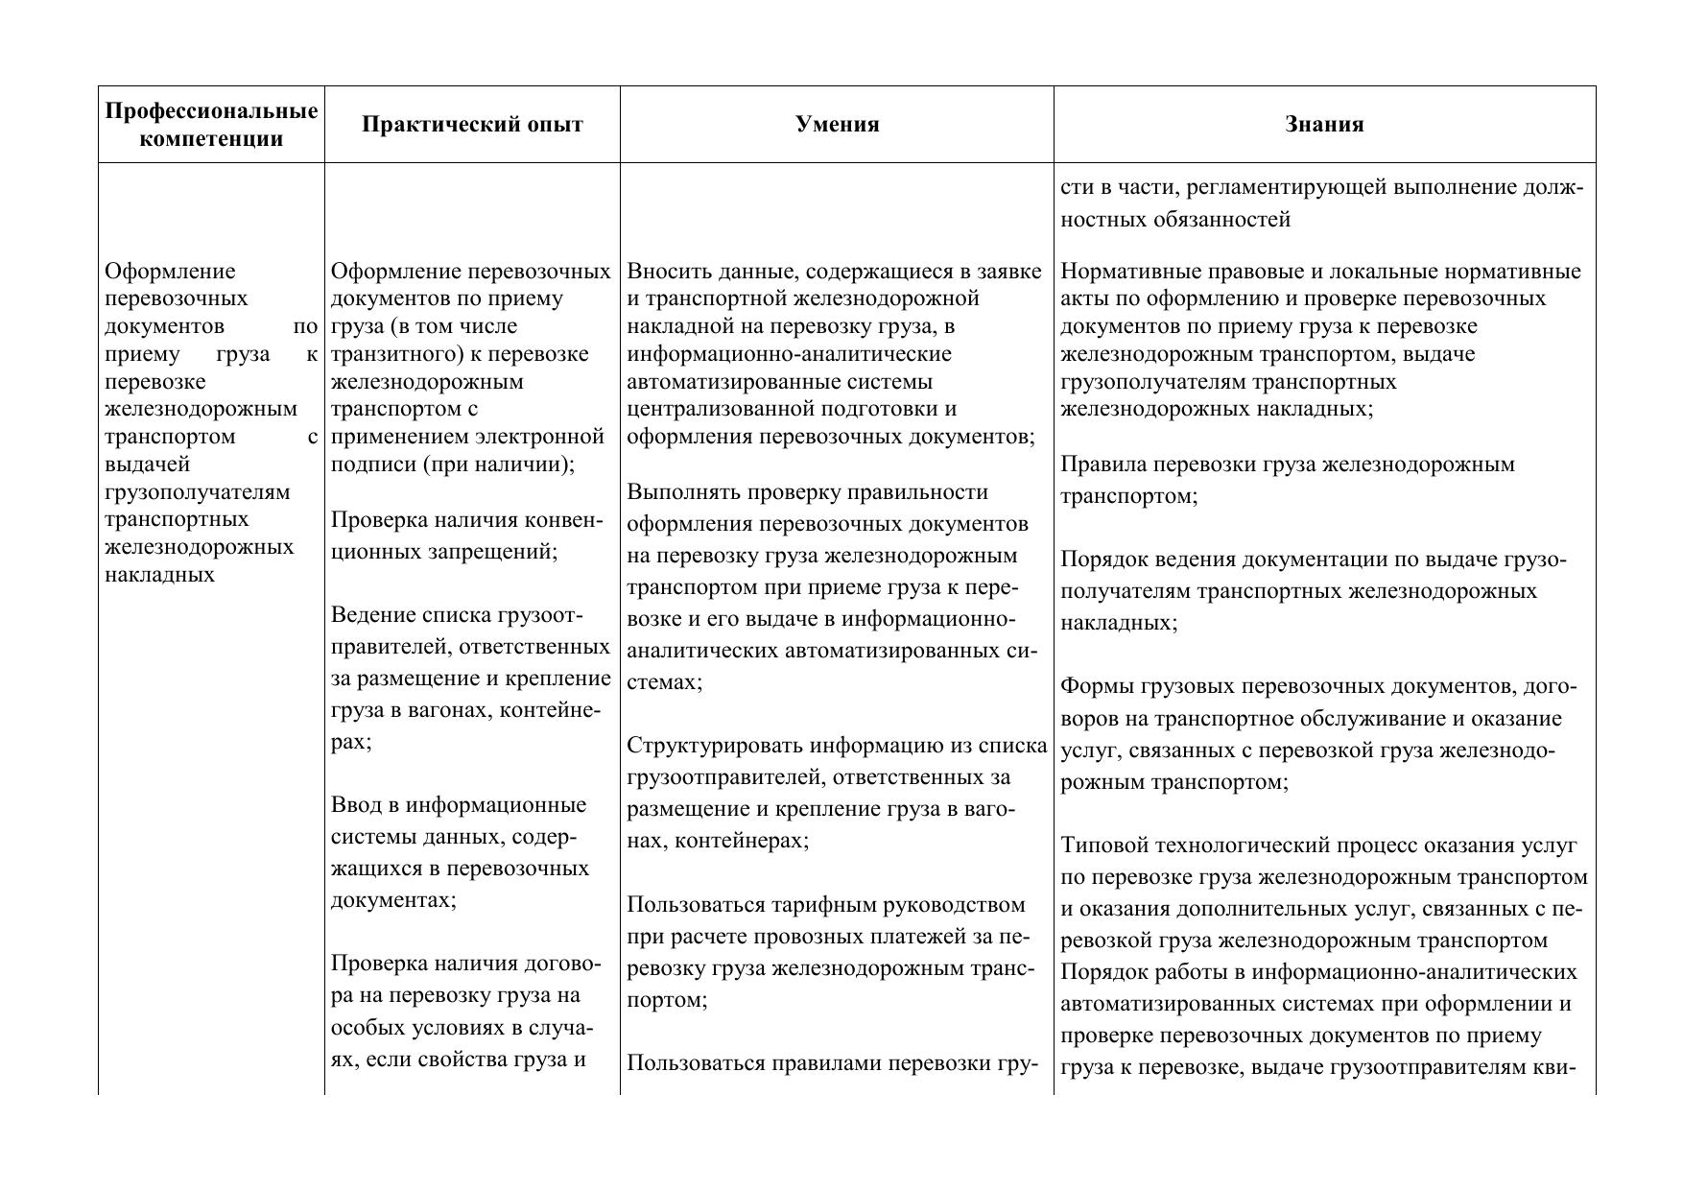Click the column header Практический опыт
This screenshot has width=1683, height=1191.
click(x=472, y=125)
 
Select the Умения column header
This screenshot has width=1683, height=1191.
click(x=837, y=125)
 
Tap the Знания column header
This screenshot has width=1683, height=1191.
click(x=1324, y=125)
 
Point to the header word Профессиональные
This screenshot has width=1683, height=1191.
click(x=211, y=111)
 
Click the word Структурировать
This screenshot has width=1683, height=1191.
click(x=715, y=746)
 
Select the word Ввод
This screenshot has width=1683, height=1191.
click(x=356, y=805)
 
